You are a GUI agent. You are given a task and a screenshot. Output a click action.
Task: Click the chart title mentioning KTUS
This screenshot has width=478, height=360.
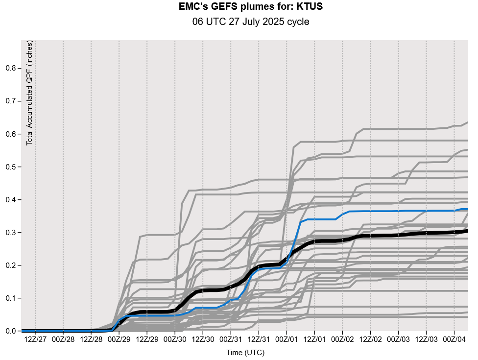(251, 7)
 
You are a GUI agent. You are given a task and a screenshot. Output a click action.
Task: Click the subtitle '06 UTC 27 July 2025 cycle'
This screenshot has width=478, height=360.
(251, 22)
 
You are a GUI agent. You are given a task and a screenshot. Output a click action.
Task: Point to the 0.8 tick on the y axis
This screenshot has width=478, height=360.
(10, 68)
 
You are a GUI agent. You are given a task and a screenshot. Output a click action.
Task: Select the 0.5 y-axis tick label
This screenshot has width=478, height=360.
(10, 167)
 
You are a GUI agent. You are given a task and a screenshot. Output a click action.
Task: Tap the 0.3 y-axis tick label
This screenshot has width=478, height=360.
(10, 233)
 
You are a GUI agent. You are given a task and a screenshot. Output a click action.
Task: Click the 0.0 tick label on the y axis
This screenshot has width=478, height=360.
(10, 331)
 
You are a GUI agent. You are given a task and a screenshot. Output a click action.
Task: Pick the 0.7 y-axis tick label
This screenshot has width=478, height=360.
(10, 101)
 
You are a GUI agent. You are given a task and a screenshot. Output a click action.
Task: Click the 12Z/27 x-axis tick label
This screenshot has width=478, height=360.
(35, 339)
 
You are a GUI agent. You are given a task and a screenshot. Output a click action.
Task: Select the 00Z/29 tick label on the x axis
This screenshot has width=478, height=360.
(119, 339)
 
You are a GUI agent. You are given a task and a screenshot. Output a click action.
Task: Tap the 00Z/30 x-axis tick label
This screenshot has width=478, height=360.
(175, 339)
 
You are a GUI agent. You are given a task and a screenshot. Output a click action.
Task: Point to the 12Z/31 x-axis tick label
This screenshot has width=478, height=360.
(259, 339)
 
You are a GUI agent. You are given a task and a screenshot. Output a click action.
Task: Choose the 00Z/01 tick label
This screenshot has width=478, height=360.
(287, 339)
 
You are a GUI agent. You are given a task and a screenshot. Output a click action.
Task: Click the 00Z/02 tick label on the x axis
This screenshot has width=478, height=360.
(342, 339)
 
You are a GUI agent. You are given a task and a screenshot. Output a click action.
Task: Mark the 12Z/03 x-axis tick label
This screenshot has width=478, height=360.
(426, 339)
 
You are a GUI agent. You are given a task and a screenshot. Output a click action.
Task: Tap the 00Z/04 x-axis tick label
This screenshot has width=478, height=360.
(454, 339)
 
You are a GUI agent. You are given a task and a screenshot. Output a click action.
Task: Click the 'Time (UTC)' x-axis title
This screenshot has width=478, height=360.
(245, 352)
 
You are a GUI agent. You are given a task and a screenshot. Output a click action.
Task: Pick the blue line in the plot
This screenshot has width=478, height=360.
(318, 219)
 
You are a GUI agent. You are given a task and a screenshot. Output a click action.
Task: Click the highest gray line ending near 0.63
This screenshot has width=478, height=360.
(392, 129)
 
